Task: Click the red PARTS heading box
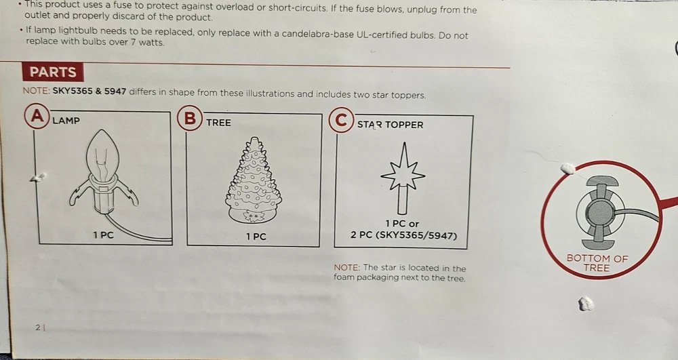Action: click(x=53, y=72)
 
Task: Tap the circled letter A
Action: click(x=37, y=116)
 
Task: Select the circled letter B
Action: click(x=190, y=118)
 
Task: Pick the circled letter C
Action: click(x=341, y=120)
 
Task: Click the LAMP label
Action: click(x=66, y=121)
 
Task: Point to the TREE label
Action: click(x=218, y=123)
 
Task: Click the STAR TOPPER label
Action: click(x=390, y=125)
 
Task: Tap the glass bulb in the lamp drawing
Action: click(x=102, y=154)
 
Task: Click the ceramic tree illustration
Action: click(x=254, y=180)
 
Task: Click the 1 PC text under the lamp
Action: click(x=103, y=235)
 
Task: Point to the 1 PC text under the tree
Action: click(x=256, y=237)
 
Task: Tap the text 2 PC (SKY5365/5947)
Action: click(x=403, y=236)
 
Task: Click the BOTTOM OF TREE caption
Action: click(x=597, y=263)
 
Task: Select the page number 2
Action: click(x=38, y=328)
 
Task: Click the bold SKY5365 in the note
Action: click(x=73, y=92)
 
